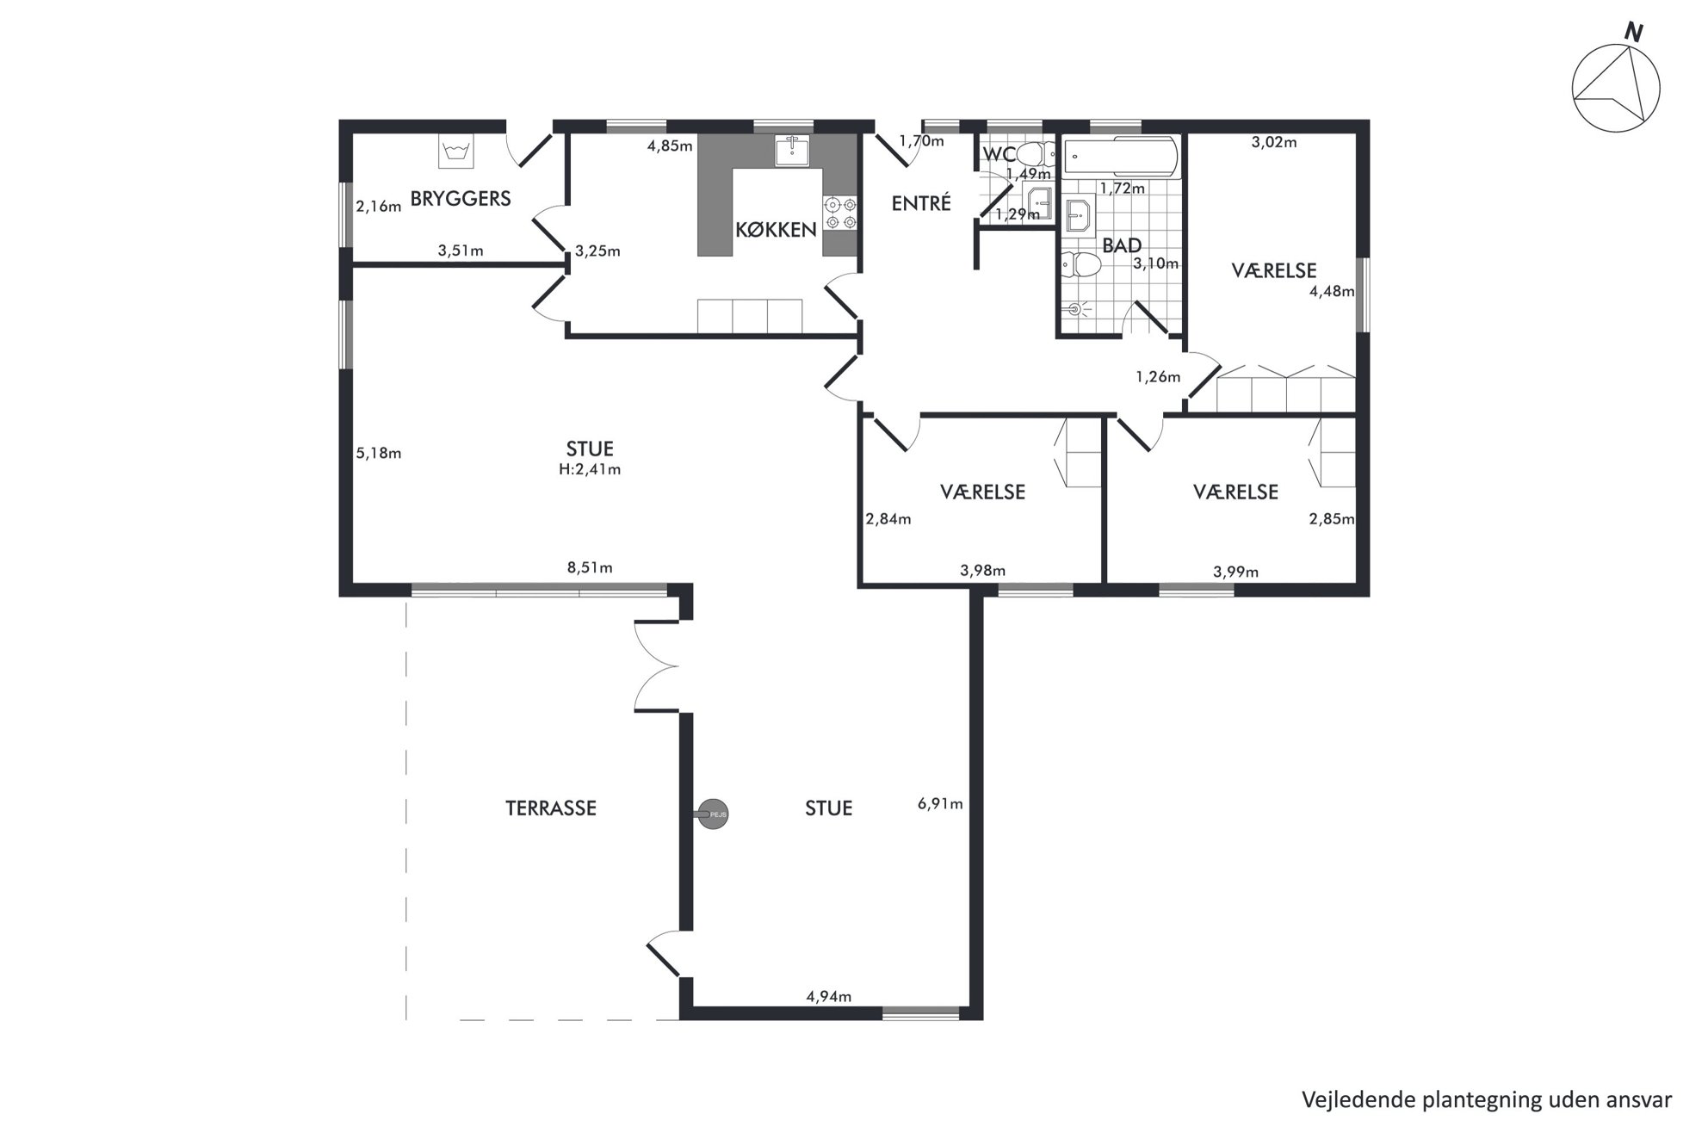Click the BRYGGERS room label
461,199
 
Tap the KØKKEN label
776,230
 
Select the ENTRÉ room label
921,203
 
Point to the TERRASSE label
551,808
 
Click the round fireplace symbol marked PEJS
713,814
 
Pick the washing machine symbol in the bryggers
455,152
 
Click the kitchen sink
791,150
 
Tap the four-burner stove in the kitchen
840,214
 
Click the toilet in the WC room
1032,154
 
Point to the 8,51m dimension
590,568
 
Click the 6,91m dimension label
940,804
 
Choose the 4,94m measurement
829,997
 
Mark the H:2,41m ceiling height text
590,470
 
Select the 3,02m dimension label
1274,143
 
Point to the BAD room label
1122,245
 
